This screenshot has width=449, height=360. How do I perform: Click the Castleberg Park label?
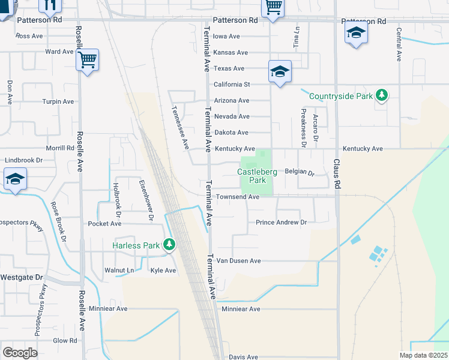[x=257, y=176]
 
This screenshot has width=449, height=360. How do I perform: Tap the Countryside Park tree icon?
[x=381, y=95]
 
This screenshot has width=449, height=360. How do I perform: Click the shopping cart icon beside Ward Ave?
[x=88, y=59]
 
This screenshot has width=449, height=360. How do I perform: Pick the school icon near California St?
[x=280, y=71]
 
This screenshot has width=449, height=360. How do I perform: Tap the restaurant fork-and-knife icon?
[x=49, y=5]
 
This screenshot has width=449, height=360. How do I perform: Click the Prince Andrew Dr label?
[x=281, y=223]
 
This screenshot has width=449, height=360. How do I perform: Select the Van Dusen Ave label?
[x=238, y=261]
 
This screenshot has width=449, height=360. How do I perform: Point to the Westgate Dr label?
[x=22, y=278]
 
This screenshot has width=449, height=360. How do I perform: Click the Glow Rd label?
[x=65, y=340]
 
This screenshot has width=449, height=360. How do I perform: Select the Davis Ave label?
[x=243, y=357]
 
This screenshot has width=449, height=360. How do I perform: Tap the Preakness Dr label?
[x=304, y=128]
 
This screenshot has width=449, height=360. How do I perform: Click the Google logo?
[x=20, y=353]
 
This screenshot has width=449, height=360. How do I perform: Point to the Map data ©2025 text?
[x=423, y=355]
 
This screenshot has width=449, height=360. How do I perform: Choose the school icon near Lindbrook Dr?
[x=14, y=179]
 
